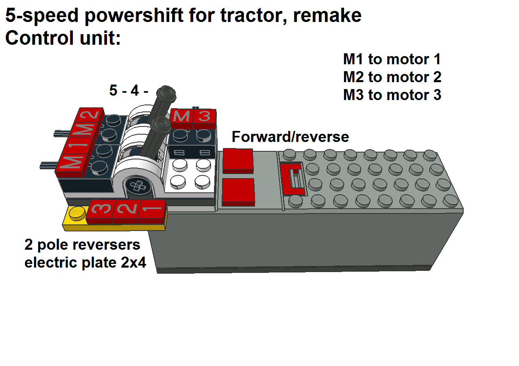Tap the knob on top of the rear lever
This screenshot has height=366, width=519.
(x=168, y=93)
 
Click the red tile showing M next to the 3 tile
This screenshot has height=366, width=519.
(x=181, y=117)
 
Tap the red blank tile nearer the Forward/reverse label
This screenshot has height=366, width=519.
(x=238, y=160)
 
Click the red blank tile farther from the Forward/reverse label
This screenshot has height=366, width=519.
(x=238, y=191)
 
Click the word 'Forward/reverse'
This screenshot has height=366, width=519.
(x=290, y=137)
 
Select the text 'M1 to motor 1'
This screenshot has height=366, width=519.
(x=392, y=59)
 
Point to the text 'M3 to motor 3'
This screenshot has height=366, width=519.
(x=392, y=95)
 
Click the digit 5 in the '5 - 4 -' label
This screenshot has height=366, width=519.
(x=113, y=91)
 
